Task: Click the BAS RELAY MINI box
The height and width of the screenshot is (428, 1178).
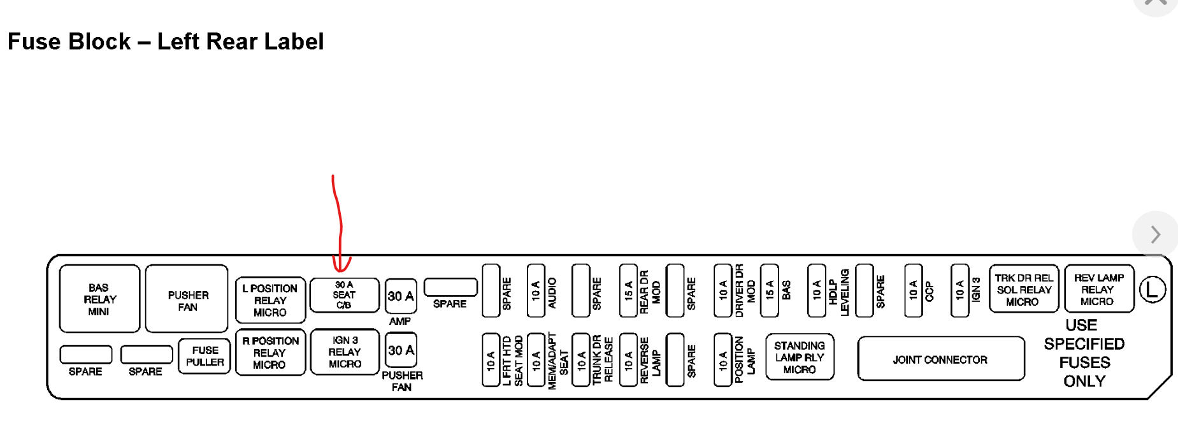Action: (99, 299)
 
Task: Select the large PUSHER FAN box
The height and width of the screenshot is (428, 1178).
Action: (187, 299)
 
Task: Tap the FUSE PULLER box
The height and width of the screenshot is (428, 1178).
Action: (205, 357)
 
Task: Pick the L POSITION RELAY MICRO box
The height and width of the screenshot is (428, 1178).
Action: (270, 300)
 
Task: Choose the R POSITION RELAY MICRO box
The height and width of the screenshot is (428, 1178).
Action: (270, 352)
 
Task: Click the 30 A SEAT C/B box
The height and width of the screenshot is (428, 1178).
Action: (344, 295)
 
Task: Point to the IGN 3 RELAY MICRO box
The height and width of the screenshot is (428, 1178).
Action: (345, 352)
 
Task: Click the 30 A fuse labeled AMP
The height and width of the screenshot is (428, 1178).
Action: (401, 296)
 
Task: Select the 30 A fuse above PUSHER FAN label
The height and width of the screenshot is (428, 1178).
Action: (401, 350)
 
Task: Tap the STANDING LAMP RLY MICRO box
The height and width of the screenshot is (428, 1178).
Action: (800, 357)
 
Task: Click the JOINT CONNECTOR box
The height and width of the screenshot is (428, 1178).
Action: (940, 359)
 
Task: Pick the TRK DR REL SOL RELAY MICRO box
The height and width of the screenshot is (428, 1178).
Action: (1023, 289)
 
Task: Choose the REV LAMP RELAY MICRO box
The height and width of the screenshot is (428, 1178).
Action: (1098, 289)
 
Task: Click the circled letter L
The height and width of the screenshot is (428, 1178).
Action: (1152, 290)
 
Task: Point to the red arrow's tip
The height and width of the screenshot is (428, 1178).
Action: (341, 271)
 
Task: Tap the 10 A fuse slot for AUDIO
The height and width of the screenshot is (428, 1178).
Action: (536, 291)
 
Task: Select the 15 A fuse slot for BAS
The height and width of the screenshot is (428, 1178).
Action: (769, 291)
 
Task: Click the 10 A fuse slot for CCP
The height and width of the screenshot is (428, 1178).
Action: (913, 291)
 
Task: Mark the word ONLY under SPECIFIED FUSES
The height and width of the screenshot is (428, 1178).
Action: (1084, 381)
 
